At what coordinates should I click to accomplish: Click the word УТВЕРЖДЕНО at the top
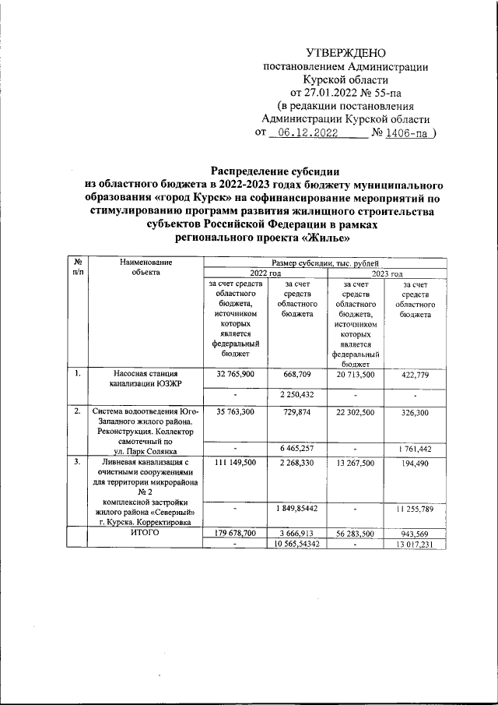(x=346, y=53)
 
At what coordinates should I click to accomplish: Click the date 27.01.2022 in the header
(x=316, y=93)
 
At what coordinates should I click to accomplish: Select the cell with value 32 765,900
(x=234, y=375)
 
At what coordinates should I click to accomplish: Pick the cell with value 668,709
(x=295, y=375)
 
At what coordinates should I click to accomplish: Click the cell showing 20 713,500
(x=356, y=375)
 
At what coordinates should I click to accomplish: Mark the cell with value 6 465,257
(x=295, y=449)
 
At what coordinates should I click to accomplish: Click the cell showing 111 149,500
(x=234, y=463)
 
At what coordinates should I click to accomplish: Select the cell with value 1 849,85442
(x=295, y=509)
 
